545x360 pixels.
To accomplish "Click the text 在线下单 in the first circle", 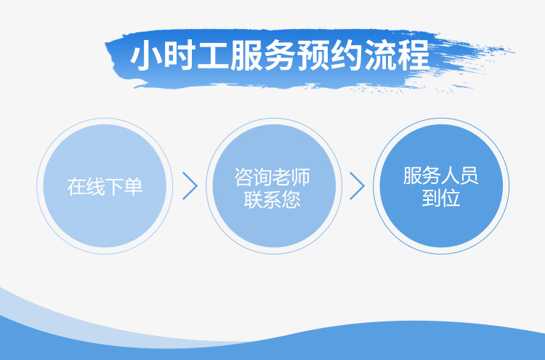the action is (105, 186).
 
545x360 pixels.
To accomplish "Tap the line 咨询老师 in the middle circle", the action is (272, 177).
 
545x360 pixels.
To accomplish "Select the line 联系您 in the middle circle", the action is (272, 200).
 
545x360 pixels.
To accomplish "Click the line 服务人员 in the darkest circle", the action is (441, 175).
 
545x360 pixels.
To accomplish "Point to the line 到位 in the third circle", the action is (441, 199).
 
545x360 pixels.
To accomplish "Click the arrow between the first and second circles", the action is (190, 185).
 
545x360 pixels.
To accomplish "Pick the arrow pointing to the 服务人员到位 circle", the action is (358, 185).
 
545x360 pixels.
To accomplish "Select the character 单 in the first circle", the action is (134, 186).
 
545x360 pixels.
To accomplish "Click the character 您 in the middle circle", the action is (291, 200).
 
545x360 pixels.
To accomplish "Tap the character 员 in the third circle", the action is (469, 175).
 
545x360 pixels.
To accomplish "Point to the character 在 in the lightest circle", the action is (76, 186).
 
